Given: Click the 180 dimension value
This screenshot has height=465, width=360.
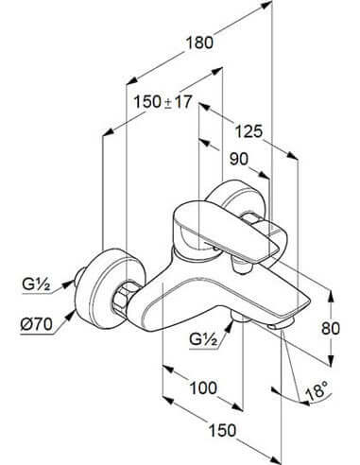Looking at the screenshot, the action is pos(199,43).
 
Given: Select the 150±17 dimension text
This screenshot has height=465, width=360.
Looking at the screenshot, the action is pos(163,102).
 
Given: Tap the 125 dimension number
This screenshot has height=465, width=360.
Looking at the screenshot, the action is pos(249,131).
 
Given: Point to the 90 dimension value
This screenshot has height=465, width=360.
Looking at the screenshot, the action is pos(239,159).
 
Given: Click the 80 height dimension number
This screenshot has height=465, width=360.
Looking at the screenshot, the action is pos(331,328).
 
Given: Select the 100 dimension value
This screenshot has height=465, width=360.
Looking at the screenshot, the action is pos(203,387).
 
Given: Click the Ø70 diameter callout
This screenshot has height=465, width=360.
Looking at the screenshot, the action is pos(36,324).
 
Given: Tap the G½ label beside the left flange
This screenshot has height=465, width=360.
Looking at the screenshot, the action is pos(36,285).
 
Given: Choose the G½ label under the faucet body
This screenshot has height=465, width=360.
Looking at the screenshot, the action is pos(203,339).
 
